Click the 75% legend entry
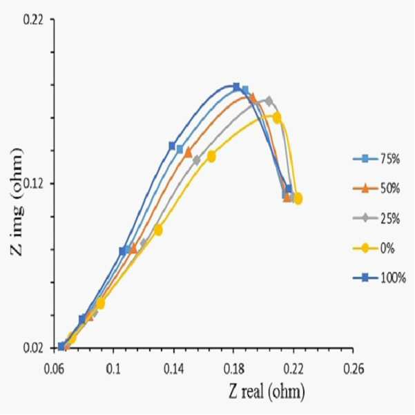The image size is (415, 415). pos(376,159)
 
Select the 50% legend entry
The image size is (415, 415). pos(376,189)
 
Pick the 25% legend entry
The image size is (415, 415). pos(376,219)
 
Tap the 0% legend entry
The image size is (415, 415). pos(374,249)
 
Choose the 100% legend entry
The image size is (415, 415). pos(380,278)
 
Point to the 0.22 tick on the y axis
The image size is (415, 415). pos(33,20)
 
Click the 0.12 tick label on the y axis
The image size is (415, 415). pos(33,184)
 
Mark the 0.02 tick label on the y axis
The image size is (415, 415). pos(33,348)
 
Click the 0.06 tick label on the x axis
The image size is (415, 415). pos(55,369)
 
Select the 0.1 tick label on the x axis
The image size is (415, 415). pos(113,369)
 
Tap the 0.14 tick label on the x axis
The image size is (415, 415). pos(174,369)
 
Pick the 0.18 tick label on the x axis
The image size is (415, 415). pos(233,369)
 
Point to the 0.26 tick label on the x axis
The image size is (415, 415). pos(354,369)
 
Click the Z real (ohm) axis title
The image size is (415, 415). pos(267,392)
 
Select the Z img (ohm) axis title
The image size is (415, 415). pos(17,202)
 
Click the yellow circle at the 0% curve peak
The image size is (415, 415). pos(277,117)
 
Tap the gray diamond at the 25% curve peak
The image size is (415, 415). pos(269,101)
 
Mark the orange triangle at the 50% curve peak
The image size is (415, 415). pos(253,97)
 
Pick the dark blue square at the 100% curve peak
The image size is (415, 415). pos(236,86)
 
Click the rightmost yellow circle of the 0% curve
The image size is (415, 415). pos(298,198)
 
